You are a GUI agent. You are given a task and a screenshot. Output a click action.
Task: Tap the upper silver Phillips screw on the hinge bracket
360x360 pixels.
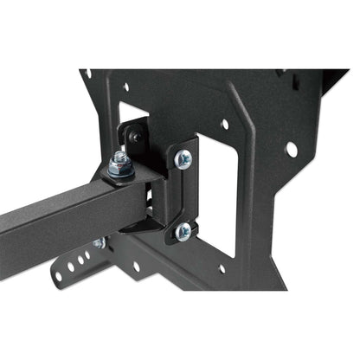pos(183,158)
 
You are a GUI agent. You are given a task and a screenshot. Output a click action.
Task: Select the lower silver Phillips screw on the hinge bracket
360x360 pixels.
pos(183,231)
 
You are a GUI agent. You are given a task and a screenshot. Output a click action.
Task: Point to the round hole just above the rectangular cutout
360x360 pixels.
pos(224,125)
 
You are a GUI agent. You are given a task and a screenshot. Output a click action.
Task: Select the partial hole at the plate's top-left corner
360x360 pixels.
pos(86,74)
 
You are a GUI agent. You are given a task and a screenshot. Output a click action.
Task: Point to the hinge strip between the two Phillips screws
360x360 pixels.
pos(183,195)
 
